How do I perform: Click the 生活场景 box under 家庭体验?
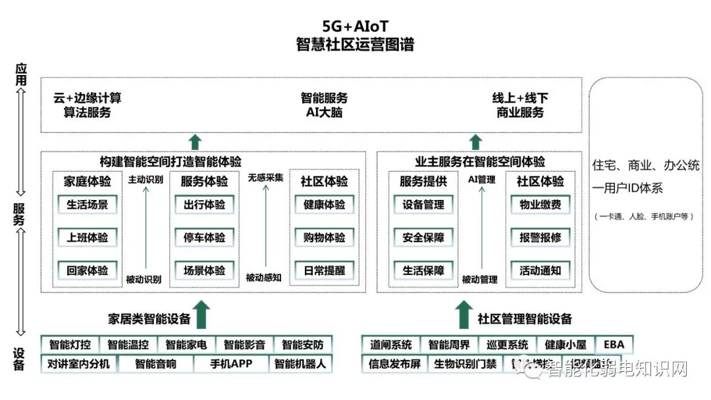coord(87,205)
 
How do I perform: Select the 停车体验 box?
coord(203,237)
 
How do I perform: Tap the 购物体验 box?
coord(324,237)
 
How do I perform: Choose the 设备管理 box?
coord(423,205)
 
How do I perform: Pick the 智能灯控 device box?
coord(70,345)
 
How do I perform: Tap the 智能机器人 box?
coord(300,364)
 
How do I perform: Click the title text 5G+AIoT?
coord(355,26)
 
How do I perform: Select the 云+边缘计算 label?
coord(88,98)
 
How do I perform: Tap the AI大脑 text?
coord(324,113)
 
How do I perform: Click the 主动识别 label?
coord(145,179)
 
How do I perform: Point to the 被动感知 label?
coord(263,278)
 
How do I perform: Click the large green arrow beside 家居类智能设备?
coord(202,314)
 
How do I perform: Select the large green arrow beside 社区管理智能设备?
coord(464,314)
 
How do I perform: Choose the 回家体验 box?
coord(87,270)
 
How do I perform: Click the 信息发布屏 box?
coord(395,364)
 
